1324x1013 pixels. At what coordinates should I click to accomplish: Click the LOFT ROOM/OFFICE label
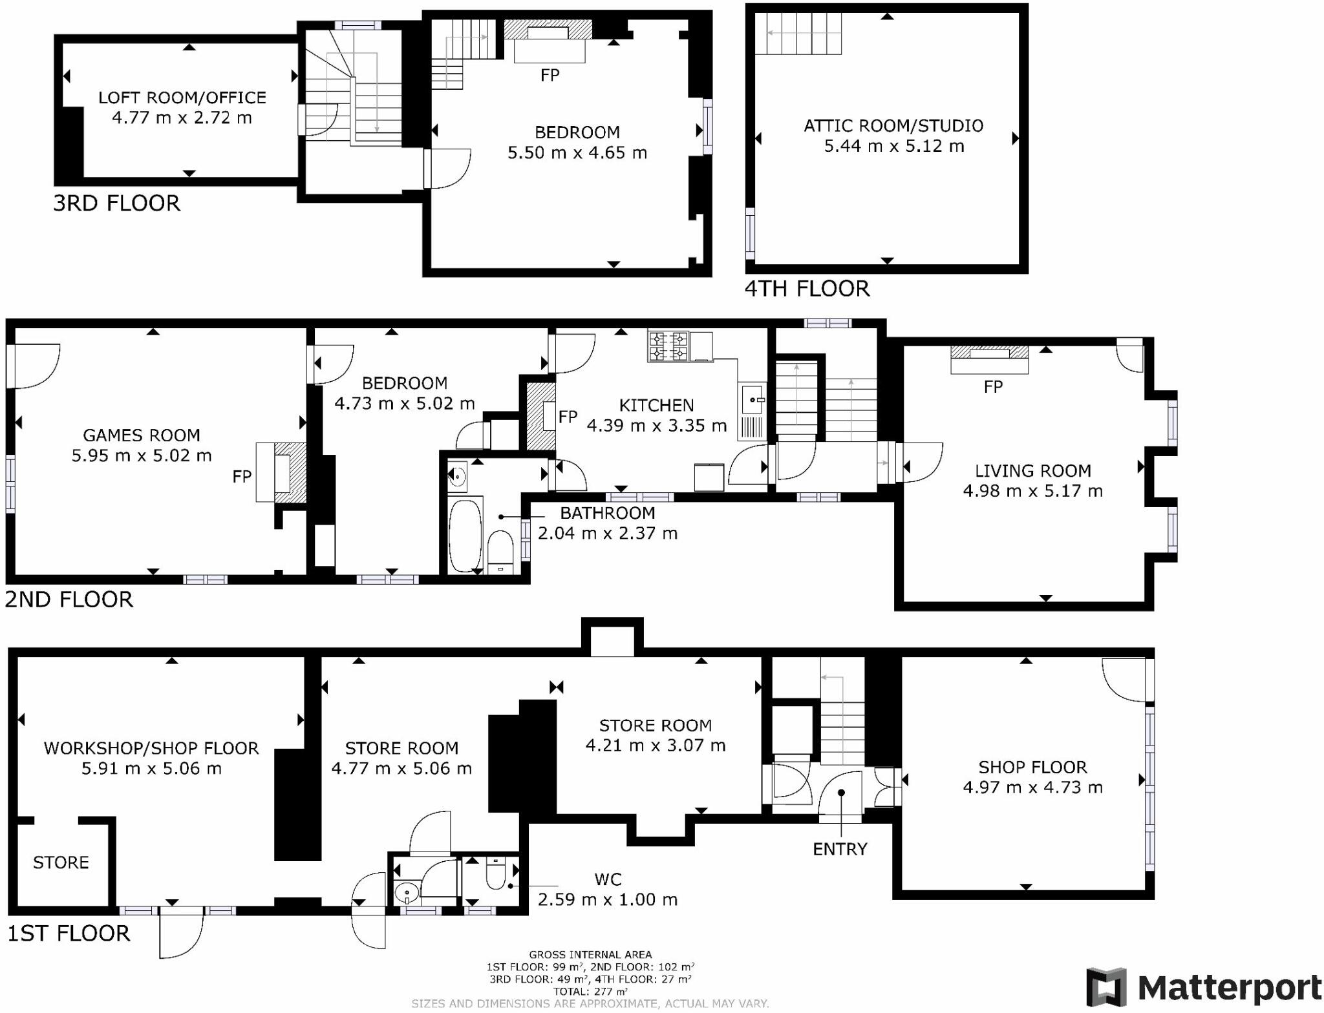(182, 98)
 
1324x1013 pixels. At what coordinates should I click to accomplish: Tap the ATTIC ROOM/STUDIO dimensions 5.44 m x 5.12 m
(893, 146)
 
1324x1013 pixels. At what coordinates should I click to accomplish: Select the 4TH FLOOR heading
(807, 288)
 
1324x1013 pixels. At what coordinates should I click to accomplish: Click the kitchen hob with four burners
(668, 346)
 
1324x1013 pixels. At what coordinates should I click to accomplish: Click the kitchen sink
(752, 399)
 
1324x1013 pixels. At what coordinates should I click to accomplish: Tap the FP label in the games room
(242, 477)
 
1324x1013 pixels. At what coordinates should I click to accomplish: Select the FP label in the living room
(993, 387)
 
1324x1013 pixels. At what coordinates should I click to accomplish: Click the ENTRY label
(840, 849)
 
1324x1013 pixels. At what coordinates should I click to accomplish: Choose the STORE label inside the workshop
(61, 862)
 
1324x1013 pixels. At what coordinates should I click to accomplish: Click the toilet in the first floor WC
(496, 875)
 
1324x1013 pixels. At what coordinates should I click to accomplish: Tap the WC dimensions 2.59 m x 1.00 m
(607, 899)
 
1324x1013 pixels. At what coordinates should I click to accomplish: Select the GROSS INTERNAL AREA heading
(590, 954)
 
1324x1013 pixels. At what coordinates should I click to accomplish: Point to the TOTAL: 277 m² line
(590, 991)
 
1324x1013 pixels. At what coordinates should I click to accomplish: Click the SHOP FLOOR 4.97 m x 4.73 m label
(1032, 777)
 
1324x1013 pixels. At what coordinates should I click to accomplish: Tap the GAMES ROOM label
(142, 435)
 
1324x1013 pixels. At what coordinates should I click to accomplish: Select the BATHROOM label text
(607, 513)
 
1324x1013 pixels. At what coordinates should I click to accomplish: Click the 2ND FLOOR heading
(69, 600)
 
